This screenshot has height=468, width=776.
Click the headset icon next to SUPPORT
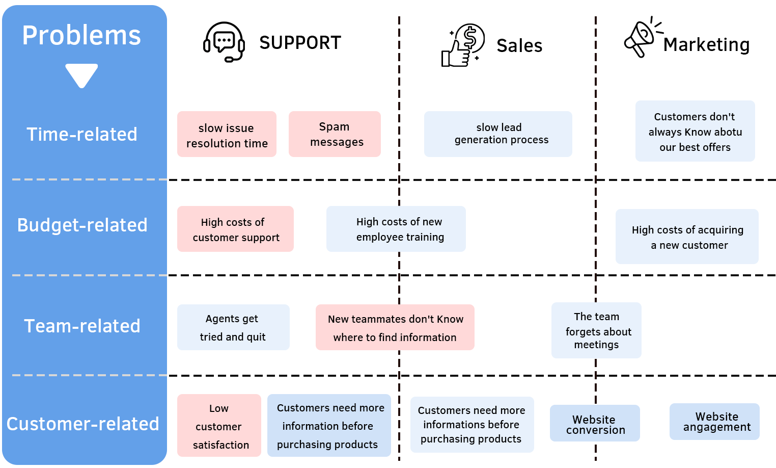(224, 42)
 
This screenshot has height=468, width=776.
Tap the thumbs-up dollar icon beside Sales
(463, 45)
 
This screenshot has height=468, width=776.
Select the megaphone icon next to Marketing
(642, 38)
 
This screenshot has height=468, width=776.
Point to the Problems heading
(81, 36)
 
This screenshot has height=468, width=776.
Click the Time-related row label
(82, 134)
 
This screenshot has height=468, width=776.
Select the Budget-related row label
(82, 225)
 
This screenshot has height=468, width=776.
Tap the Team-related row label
(82, 326)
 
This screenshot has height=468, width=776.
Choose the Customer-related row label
(83, 424)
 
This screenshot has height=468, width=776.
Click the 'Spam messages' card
(335, 134)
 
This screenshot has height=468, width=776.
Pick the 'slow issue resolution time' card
(227, 134)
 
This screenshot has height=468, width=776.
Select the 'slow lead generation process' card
(498, 134)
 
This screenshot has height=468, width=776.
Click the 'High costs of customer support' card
(235, 229)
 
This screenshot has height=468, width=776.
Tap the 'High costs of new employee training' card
(396, 229)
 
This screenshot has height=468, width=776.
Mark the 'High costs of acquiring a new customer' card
(687, 237)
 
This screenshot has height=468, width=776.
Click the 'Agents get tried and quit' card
(233, 327)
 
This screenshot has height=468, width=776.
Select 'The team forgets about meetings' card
(596, 330)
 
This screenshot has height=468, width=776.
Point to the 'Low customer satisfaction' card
(219, 426)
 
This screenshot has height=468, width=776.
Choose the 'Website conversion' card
(595, 423)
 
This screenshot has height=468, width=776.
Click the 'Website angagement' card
(714, 422)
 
